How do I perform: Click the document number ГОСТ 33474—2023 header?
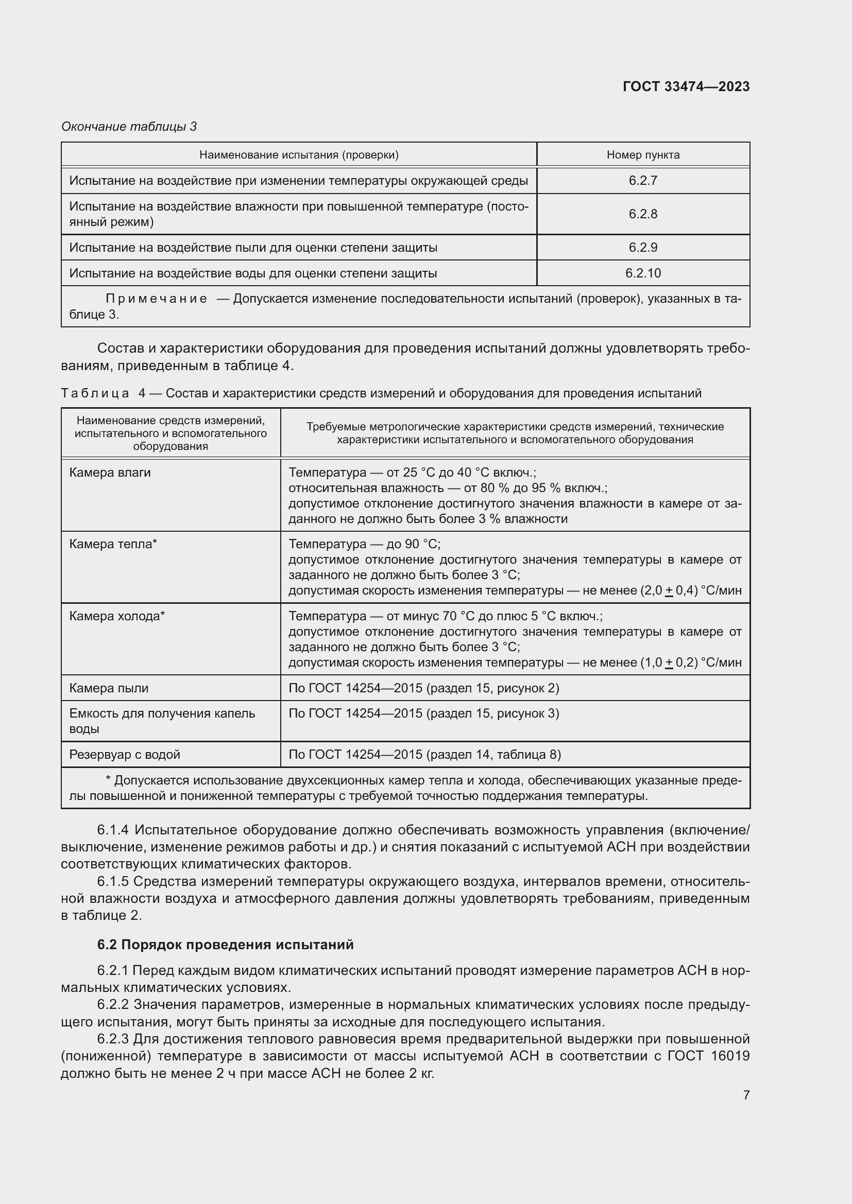click(686, 86)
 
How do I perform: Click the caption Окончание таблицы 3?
click(129, 127)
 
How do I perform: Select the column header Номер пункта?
click(643, 155)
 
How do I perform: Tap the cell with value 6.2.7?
click(643, 180)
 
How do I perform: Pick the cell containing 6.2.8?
click(643, 214)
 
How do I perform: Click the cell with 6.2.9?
click(643, 247)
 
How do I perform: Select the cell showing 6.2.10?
click(643, 273)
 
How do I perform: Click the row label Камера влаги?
click(110, 473)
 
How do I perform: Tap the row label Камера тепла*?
click(113, 544)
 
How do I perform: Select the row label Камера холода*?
click(117, 616)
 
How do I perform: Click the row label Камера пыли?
click(109, 688)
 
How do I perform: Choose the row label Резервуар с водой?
click(124, 755)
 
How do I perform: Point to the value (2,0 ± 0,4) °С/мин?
click(690, 590)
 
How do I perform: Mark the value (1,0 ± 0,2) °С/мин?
click(690, 662)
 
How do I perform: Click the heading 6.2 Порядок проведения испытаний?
click(225, 944)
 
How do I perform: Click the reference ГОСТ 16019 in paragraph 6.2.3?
click(708, 1056)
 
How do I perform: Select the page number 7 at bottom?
click(746, 1095)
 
